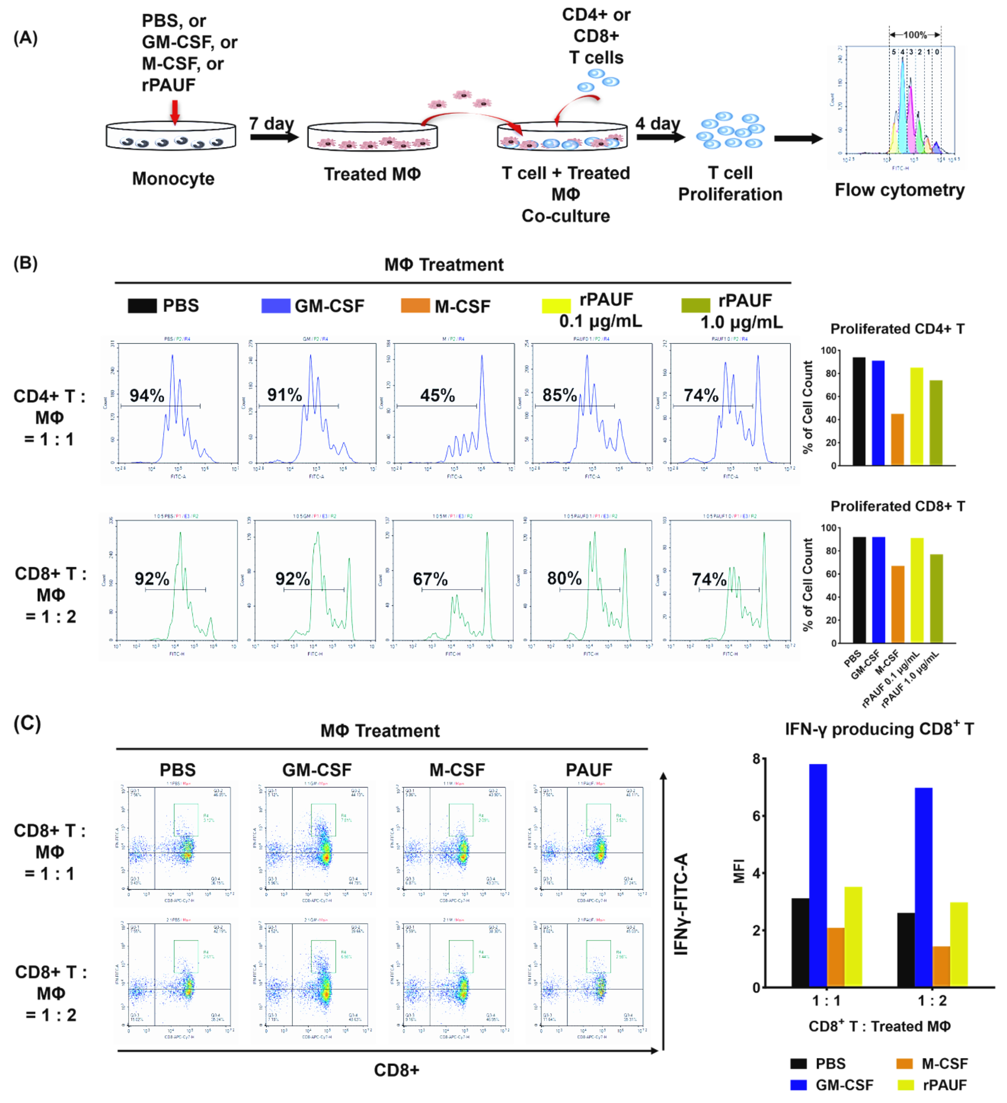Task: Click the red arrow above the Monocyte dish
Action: click(175, 112)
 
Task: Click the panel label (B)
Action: click(25, 263)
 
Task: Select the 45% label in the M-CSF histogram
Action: click(437, 395)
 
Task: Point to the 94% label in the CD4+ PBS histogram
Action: click(147, 395)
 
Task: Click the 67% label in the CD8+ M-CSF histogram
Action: click(430, 579)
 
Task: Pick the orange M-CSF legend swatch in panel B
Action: click(415, 305)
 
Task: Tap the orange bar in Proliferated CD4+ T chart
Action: click(897, 439)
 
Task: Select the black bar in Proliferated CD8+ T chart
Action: click(859, 590)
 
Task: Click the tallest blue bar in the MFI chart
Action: click(818, 875)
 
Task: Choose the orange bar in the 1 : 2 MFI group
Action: click(941, 967)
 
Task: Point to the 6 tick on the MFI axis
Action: click(756, 816)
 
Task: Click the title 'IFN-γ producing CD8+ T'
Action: click(879, 729)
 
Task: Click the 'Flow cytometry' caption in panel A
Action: click(899, 190)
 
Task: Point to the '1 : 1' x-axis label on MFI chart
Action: click(826, 1001)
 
